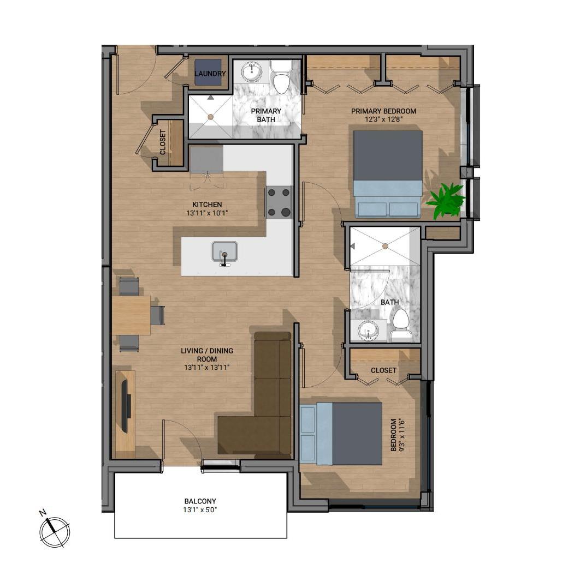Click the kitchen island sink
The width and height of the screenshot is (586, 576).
click(224, 251)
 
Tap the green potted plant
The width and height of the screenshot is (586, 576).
click(445, 200)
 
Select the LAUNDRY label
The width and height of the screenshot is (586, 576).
click(210, 74)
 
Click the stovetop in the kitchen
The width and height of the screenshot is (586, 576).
click(279, 202)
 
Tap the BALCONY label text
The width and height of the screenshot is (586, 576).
click(200, 501)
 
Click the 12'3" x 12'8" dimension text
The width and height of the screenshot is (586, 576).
click(383, 119)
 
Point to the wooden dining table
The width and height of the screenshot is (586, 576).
click(131, 315)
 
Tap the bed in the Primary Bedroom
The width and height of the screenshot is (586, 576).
click(388, 173)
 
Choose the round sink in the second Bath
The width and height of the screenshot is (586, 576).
click(369, 331)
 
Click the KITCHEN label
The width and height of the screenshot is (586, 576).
click(207, 205)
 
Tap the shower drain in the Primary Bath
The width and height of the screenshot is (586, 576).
click(211, 117)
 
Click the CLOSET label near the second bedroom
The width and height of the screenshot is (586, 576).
click(383, 370)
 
